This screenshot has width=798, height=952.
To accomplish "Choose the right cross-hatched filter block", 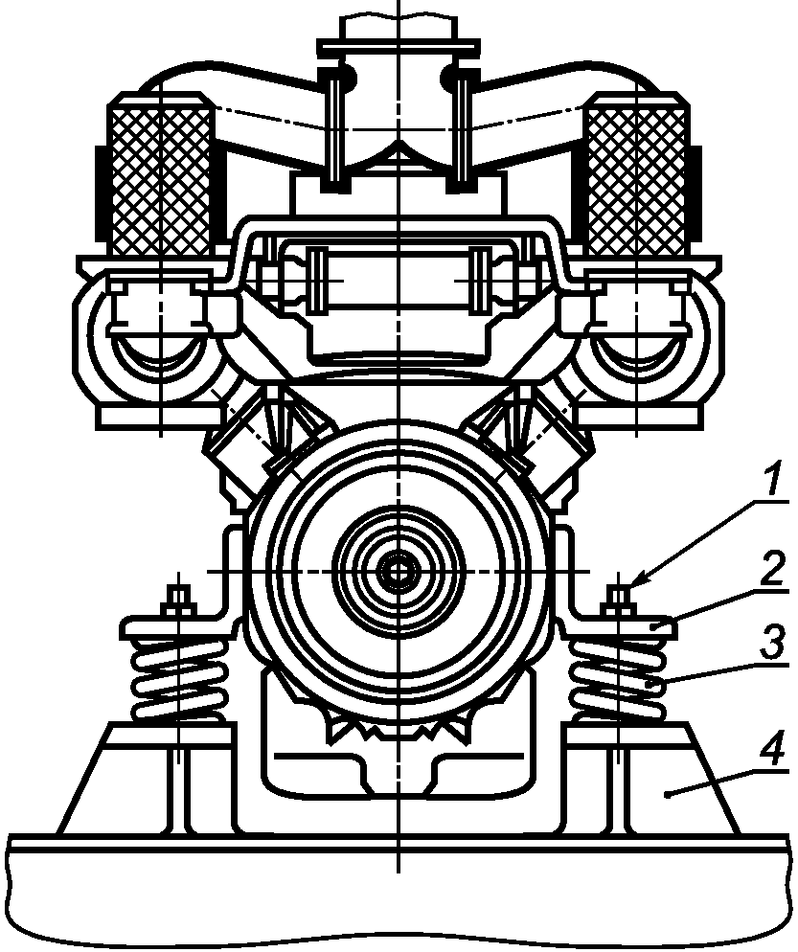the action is (636, 179).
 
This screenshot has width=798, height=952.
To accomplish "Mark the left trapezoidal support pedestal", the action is (144, 781).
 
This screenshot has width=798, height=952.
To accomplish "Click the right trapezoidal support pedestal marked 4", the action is (661, 781).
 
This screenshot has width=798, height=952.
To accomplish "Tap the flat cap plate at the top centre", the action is (398, 45).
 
